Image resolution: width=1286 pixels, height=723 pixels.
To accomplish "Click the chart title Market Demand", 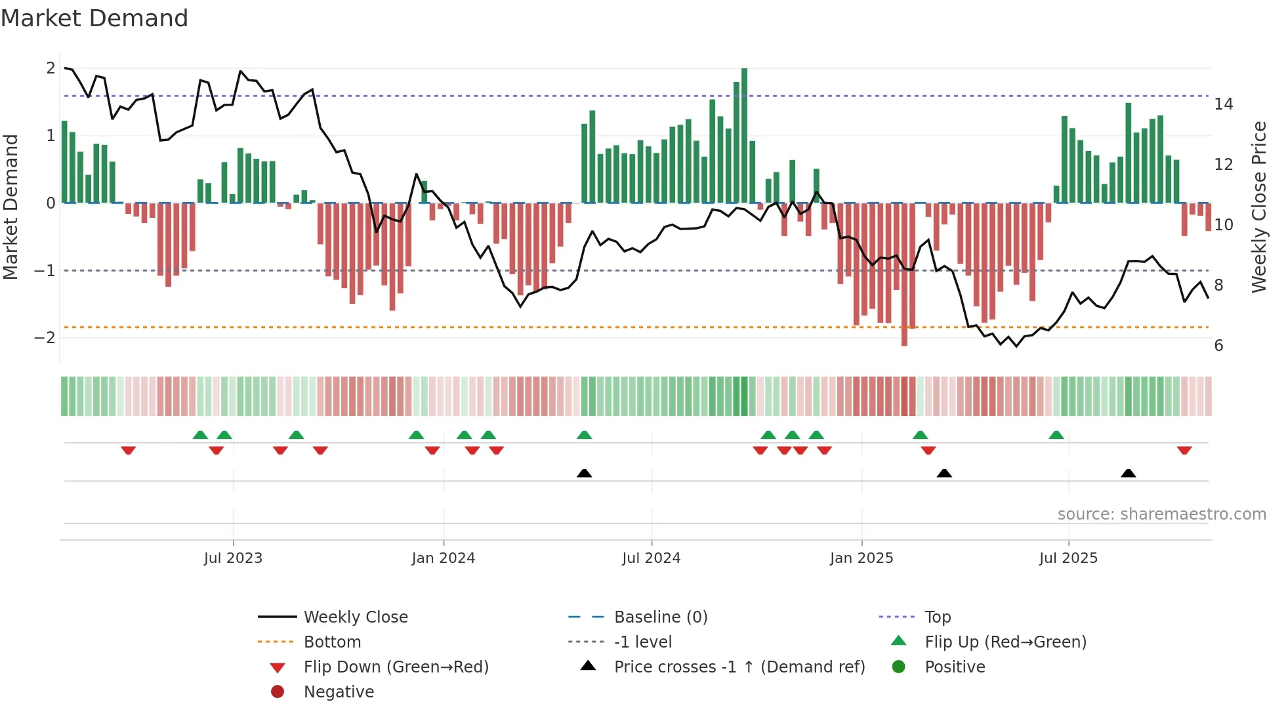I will [94, 18].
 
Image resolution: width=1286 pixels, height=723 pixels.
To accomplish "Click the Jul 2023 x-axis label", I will [233, 558].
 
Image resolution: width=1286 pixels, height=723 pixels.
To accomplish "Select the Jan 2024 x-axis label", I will [443, 558].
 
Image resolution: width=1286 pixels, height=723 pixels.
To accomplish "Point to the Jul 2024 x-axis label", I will [651, 558].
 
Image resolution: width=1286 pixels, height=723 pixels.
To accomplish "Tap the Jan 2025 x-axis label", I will [861, 558].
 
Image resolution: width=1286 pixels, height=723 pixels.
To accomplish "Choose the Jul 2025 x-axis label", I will [1068, 558].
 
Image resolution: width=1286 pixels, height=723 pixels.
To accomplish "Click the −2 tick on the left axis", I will [45, 338].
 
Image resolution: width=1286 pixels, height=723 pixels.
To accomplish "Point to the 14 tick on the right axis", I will [1223, 104].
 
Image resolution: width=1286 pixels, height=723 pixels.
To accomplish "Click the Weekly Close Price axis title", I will [1258, 207].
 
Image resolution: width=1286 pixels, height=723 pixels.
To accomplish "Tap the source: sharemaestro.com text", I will [1161, 514].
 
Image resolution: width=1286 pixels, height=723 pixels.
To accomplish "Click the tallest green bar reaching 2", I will [744, 135].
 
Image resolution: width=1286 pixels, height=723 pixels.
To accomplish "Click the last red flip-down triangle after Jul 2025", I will [1184, 451].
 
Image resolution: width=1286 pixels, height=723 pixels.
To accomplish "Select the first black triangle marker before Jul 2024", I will [584, 473].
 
